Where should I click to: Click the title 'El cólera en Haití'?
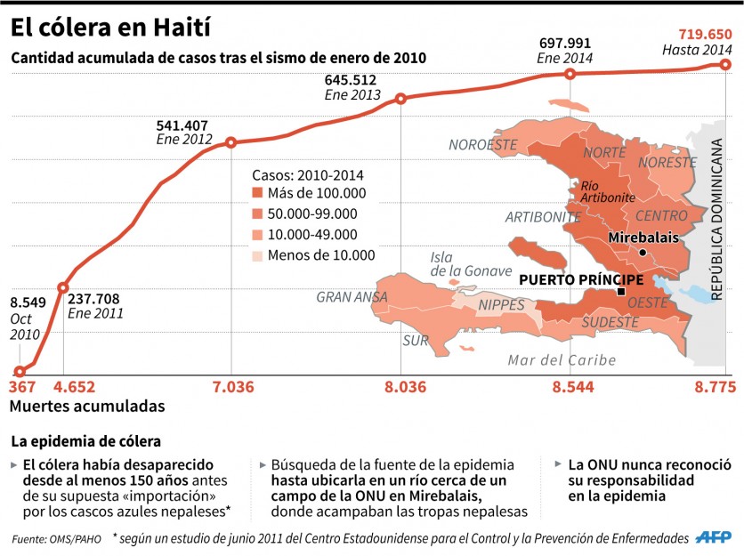(110, 28)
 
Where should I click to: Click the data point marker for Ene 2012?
(231, 142)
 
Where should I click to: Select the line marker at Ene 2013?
(401, 99)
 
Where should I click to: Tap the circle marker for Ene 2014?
(570, 74)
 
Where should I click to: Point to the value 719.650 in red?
(705, 35)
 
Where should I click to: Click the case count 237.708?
(93, 299)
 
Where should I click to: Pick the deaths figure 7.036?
(233, 387)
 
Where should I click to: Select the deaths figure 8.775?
(715, 387)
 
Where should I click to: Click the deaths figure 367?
(22, 387)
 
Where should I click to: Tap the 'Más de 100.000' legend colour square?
(257, 193)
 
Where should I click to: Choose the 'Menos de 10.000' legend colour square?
(257, 255)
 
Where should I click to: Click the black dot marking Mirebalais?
(643, 253)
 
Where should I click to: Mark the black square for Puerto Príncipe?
(620, 292)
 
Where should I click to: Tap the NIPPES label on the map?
(502, 305)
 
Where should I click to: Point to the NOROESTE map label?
(483, 145)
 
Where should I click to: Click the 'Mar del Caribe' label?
(562, 360)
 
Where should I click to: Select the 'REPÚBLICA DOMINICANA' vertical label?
(716, 219)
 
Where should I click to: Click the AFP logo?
(714, 537)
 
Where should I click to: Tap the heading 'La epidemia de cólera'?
(86, 441)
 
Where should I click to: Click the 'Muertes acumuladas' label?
(87, 406)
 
